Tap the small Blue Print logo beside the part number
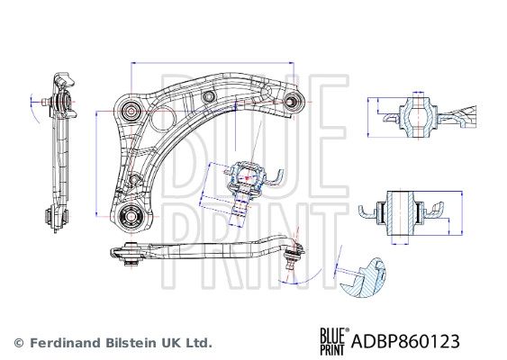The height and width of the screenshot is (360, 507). (332, 340)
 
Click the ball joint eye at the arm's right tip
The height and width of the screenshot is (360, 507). (293, 100)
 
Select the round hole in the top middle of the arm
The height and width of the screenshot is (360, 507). (208, 96)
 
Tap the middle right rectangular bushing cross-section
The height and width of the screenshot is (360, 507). (402, 214)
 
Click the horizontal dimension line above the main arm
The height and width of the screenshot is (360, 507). (212, 62)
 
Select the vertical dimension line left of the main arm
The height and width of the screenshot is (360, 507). (96, 162)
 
